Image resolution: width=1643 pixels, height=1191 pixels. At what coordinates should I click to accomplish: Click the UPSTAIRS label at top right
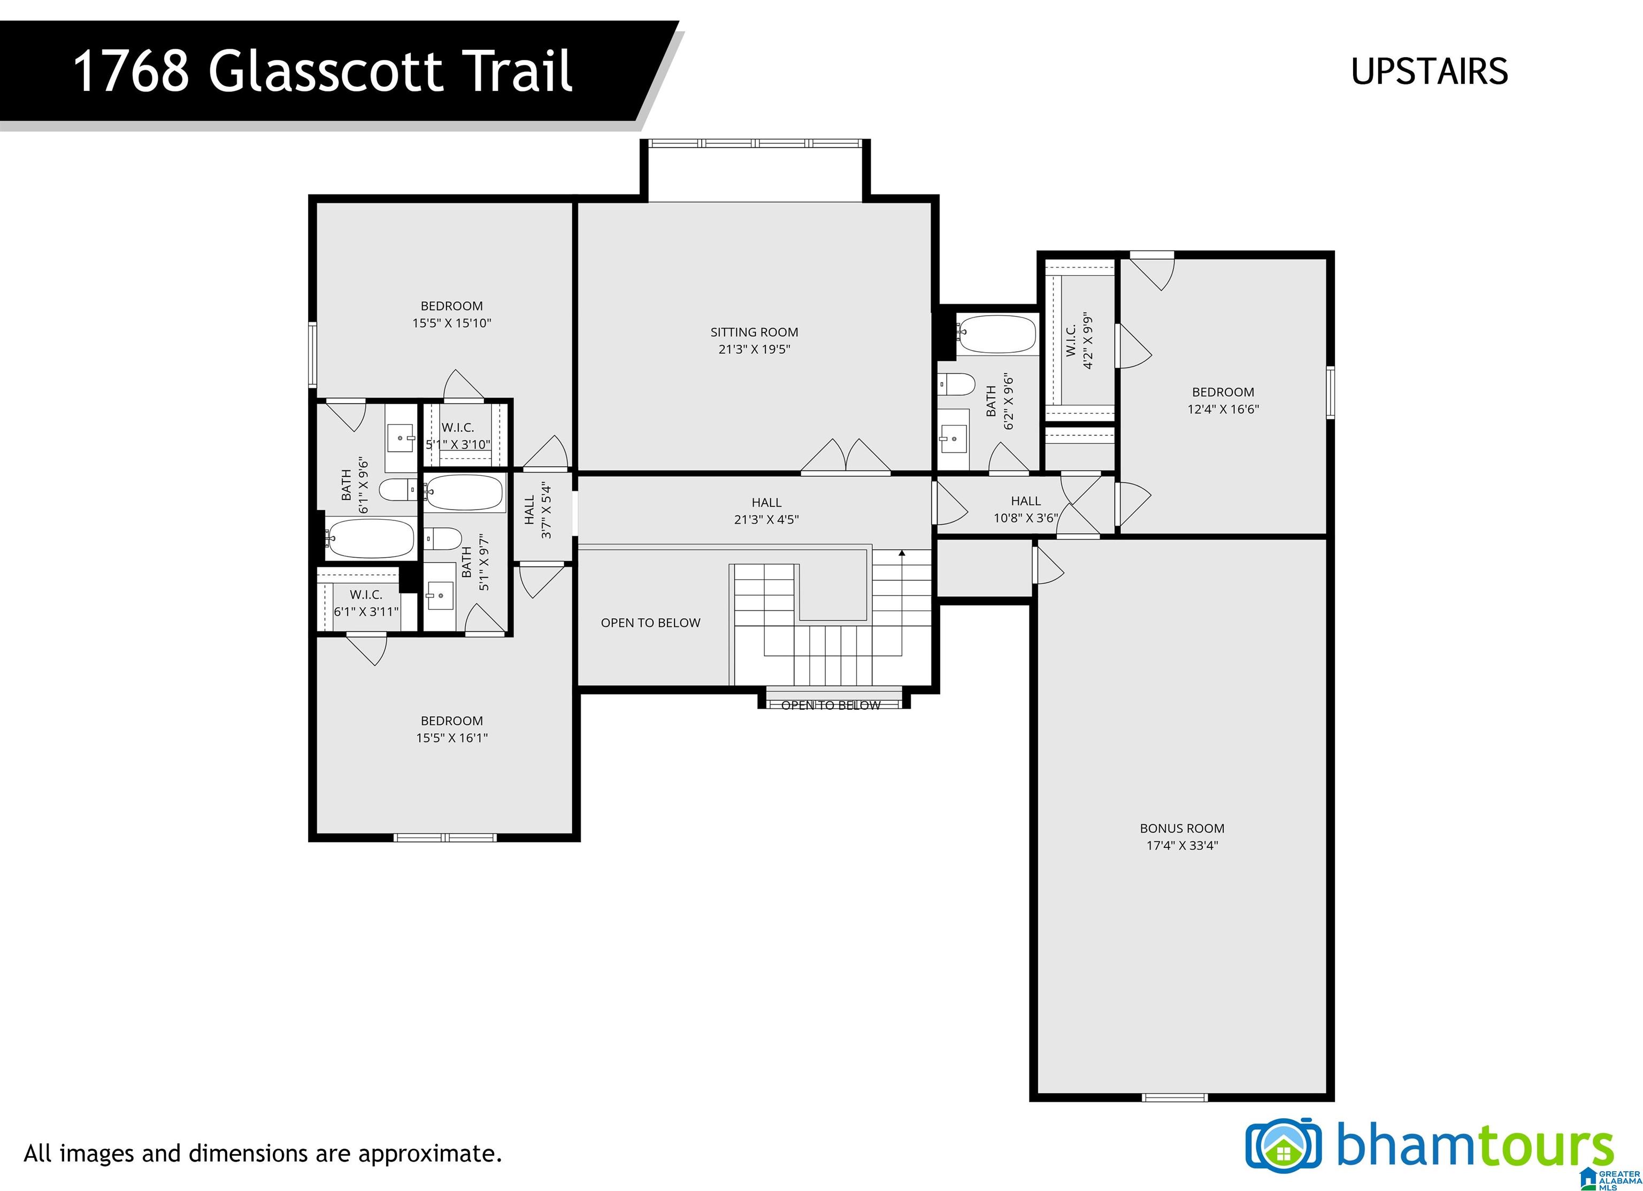click(x=1429, y=71)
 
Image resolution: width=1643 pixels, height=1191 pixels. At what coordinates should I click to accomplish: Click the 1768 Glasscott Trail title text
click(x=323, y=71)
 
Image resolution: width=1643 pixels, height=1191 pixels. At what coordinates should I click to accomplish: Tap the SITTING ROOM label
click(x=754, y=332)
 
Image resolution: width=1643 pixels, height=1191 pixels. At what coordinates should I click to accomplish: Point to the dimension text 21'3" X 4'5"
click(x=766, y=519)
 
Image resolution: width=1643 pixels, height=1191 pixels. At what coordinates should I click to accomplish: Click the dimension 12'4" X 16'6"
click(x=1223, y=409)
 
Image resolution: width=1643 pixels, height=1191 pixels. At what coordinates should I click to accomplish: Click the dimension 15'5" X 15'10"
click(x=452, y=323)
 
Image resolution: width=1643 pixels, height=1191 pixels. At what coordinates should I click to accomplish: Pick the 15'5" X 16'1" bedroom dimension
click(x=452, y=738)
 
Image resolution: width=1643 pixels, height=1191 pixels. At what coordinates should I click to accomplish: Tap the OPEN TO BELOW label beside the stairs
click(x=650, y=623)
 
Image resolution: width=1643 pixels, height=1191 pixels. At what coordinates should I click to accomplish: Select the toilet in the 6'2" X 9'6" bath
click(x=956, y=384)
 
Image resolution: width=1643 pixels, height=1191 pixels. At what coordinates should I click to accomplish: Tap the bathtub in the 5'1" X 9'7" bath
click(x=464, y=493)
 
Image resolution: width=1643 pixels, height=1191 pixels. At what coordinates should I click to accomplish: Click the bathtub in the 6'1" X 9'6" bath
click(x=370, y=538)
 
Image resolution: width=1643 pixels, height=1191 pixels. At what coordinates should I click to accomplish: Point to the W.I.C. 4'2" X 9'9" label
click(x=1079, y=340)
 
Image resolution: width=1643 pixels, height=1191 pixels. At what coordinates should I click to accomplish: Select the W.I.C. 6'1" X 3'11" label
click(x=366, y=603)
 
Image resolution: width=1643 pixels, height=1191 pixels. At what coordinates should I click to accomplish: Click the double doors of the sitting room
click(x=846, y=457)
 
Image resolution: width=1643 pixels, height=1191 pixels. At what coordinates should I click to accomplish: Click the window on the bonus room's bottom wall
click(x=1174, y=1097)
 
